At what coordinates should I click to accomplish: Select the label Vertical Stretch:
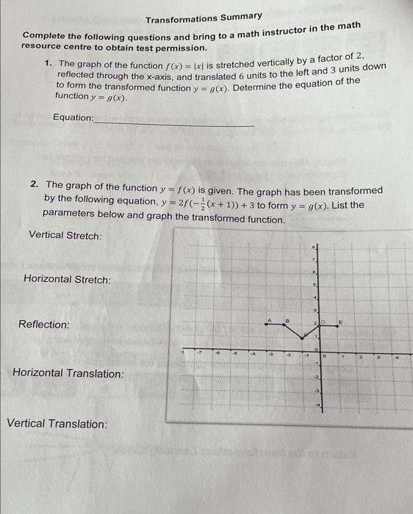65,236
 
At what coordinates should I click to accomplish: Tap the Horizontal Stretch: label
67,280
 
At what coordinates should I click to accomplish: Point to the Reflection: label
44,325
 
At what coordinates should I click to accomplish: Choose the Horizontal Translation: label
68,374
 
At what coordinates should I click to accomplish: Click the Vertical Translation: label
57,424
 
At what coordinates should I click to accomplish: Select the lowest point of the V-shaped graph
305,338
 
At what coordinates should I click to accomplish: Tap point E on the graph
340,325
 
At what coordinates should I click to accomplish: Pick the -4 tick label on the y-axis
318,405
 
